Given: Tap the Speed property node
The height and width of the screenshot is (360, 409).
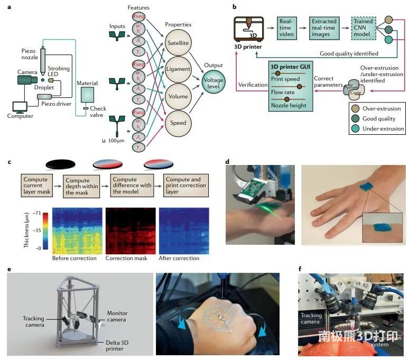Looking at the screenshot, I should point(179,123).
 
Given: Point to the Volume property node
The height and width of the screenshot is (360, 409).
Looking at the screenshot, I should point(179,97).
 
